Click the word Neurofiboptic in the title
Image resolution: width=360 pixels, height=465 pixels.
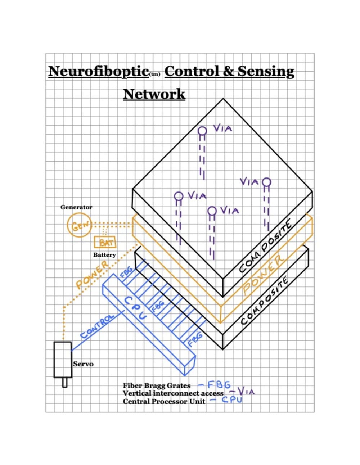98,71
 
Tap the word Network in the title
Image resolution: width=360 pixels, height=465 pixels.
154,94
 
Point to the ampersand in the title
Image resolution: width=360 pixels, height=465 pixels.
228,71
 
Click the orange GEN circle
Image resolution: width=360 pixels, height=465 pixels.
79,225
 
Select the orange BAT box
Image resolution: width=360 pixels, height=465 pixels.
105,242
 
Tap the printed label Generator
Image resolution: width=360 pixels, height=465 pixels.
76,207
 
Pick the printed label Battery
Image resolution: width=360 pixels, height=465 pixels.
104,255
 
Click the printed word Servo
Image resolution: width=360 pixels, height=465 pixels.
83,364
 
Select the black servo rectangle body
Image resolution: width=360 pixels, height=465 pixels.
63,360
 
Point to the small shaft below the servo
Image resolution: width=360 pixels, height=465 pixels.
65,383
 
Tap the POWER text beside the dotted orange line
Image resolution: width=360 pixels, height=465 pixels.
92,274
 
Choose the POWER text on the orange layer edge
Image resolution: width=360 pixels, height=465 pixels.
264,276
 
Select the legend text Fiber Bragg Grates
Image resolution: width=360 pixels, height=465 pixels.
157,386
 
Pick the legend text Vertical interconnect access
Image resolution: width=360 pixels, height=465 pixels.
173,393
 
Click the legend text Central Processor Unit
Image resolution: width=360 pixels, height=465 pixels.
164,401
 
